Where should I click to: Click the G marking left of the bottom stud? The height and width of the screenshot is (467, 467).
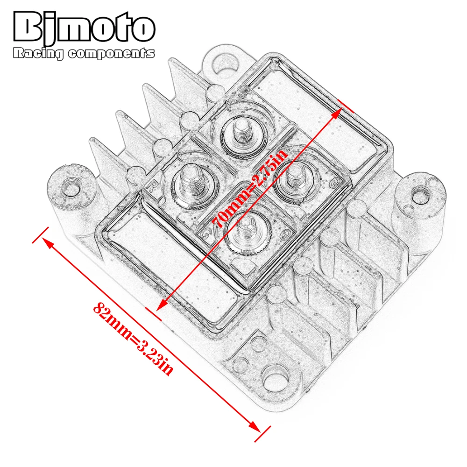click(204, 231)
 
